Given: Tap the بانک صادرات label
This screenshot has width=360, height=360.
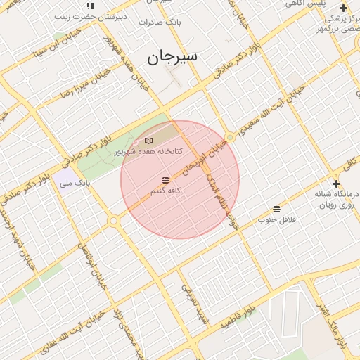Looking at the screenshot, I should point(160,22).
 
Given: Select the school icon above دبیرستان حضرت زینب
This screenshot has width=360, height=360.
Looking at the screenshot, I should point(89,6).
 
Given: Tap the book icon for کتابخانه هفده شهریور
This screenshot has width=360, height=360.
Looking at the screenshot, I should point(148,141).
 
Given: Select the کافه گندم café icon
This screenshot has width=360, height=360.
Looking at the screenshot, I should point(165,181).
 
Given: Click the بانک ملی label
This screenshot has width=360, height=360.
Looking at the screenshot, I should point(75,184).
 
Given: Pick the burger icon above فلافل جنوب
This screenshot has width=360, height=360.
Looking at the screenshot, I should point(276,209).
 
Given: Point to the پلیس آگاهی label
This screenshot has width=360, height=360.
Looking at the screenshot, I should point(302,4).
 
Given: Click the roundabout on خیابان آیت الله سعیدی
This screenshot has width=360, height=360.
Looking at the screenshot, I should point(230,138).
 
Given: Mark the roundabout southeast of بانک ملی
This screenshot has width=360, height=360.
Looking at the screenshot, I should point(113,221).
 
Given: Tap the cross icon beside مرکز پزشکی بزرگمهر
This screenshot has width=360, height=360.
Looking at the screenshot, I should point(342,8).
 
